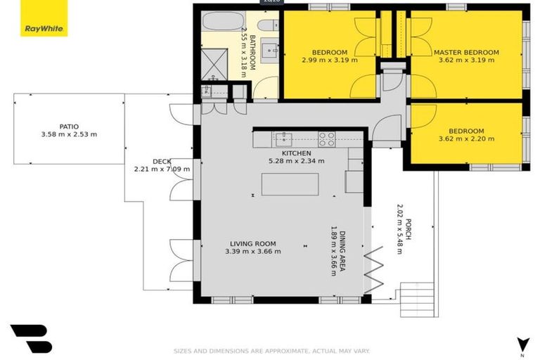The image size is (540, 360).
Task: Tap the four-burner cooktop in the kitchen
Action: click(326, 139)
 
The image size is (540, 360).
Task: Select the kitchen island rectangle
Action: click(290, 184)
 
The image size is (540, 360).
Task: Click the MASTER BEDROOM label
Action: click(466, 52)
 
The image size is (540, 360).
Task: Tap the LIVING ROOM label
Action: click(250, 244)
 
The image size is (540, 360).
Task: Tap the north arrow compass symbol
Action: click(522, 344)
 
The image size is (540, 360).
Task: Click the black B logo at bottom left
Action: click(31, 337)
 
